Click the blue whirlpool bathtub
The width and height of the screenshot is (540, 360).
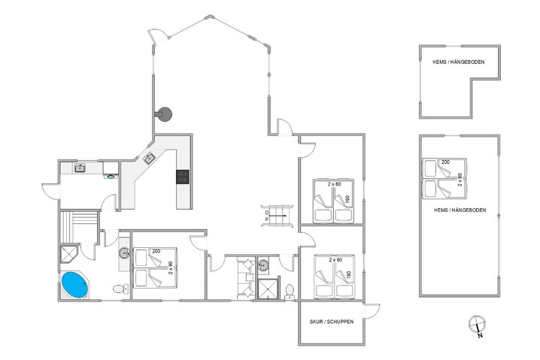[75, 285]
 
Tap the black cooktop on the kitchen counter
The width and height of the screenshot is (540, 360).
[183, 177]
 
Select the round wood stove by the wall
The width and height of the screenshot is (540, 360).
[164, 114]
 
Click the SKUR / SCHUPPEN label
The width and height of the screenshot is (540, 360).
[332, 322]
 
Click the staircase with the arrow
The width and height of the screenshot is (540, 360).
[277, 216]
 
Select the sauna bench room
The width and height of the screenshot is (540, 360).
[79, 227]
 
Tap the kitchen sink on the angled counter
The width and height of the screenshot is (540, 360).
[149, 159]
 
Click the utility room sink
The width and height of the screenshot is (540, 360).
[80, 168]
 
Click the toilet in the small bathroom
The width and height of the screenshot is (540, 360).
[290, 292]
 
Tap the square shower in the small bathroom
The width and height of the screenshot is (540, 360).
[268, 289]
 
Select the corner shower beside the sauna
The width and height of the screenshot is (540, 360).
[69, 254]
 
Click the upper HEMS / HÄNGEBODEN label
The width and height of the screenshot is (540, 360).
[458, 62]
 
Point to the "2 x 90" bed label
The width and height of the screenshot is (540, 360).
[170, 268]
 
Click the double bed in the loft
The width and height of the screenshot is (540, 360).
[444, 178]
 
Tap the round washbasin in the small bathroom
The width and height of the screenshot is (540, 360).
[263, 265]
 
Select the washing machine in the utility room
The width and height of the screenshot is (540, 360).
[111, 170]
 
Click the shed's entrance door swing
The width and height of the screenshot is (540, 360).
[372, 311]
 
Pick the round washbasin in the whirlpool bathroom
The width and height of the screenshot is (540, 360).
[124, 253]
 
